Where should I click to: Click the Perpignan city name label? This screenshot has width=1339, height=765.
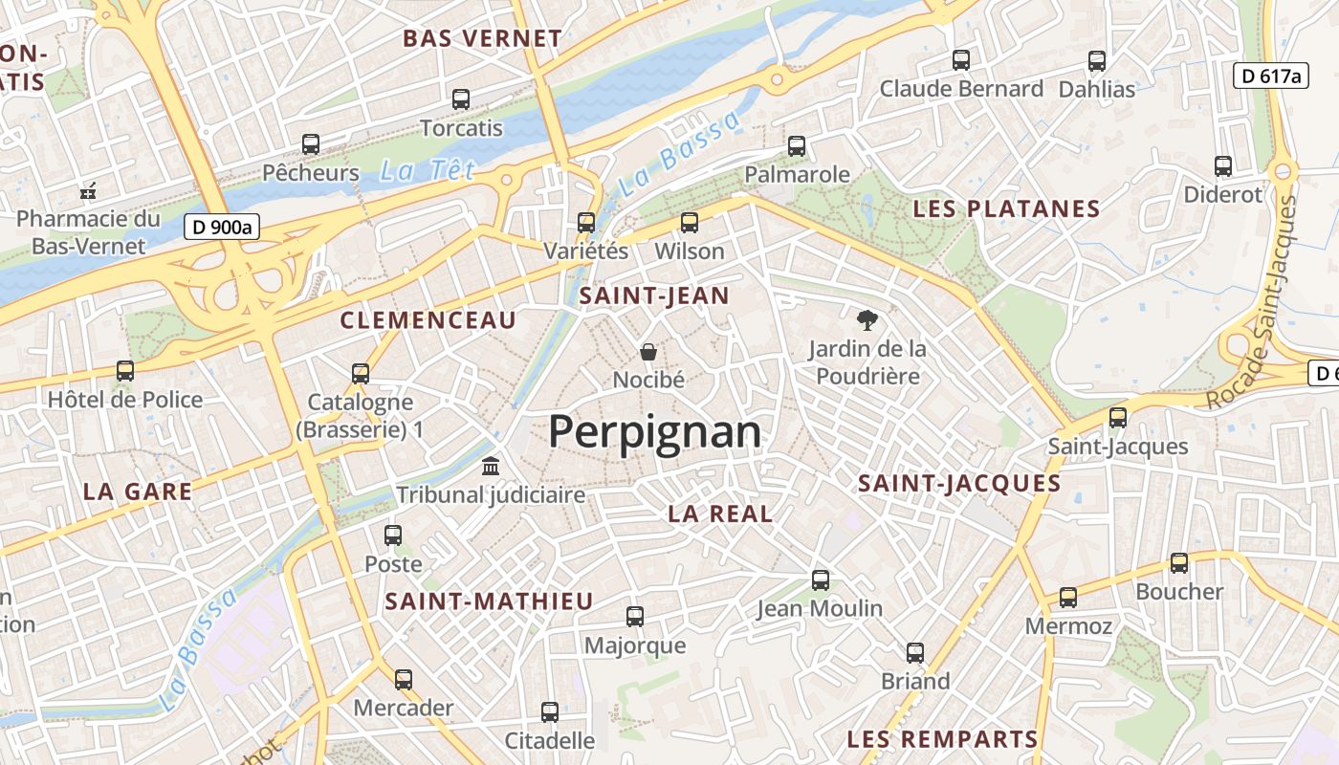[x=654, y=432]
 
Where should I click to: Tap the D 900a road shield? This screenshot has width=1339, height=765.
[x=222, y=228]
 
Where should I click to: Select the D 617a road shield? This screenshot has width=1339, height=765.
[x=1270, y=76]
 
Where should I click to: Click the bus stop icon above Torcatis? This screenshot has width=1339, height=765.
[x=461, y=98]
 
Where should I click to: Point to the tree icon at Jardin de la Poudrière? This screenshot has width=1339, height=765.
[x=867, y=319]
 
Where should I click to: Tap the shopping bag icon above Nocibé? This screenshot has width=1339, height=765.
[x=648, y=352]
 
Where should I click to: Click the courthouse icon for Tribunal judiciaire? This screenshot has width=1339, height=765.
[x=491, y=467]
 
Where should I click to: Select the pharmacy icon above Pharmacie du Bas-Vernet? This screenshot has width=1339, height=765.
[x=88, y=190]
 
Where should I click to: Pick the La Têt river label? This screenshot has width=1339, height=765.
[x=427, y=171]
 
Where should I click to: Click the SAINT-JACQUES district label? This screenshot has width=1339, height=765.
[x=959, y=484]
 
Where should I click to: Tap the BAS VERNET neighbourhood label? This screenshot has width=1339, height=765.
[x=482, y=39]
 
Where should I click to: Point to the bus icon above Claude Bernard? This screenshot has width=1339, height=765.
[x=961, y=60]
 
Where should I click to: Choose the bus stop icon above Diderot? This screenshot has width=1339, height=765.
[x=1223, y=166]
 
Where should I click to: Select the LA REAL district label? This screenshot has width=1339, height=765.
[x=720, y=514]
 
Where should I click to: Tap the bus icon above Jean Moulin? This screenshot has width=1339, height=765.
[x=820, y=580]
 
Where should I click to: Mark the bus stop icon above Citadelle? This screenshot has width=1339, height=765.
[x=550, y=712]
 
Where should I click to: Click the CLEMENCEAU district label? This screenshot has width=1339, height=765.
[x=428, y=320]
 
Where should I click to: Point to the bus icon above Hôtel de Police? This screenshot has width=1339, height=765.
[x=125, y=371]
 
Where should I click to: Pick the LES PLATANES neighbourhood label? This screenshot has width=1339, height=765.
[x=1006, y=209]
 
